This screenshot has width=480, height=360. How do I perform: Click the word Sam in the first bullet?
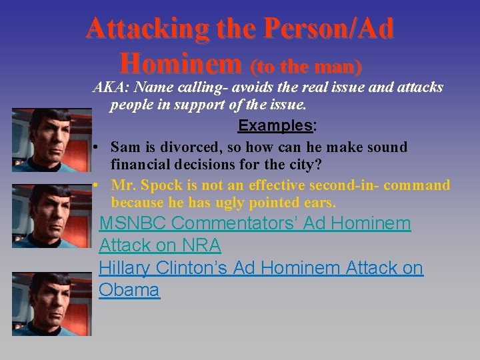click(x=125, y=147)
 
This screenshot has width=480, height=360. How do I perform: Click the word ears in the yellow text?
click(x=318, y=202)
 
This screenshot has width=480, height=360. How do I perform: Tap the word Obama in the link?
click(x=129, y=290)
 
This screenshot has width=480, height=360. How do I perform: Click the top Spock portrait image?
click(x=51, y=139)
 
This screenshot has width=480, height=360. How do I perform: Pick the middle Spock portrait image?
click(x=51, y=216)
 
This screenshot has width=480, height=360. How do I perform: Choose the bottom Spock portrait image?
click(x=51, y=303)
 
